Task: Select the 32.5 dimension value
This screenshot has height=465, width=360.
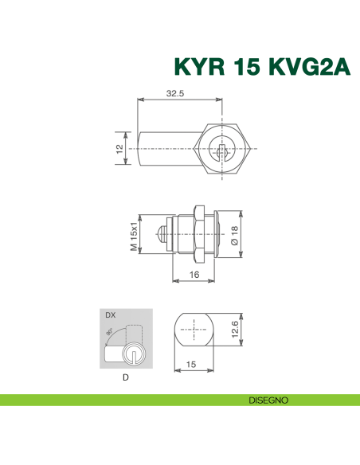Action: pyautogui.click(x=175, y=93)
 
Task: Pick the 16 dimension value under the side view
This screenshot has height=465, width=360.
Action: pyautogui.click(x=194, y=275)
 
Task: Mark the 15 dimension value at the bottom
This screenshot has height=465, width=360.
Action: pyautogui.click(x=191, y=364)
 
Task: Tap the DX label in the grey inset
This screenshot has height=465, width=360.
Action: pyautogui.click(x=110, y=316)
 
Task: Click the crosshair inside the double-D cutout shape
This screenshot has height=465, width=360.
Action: pyautogui.click(x=193, y=330)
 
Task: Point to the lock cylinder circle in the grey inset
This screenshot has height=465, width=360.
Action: pyautogui.click(x=134, y=355)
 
